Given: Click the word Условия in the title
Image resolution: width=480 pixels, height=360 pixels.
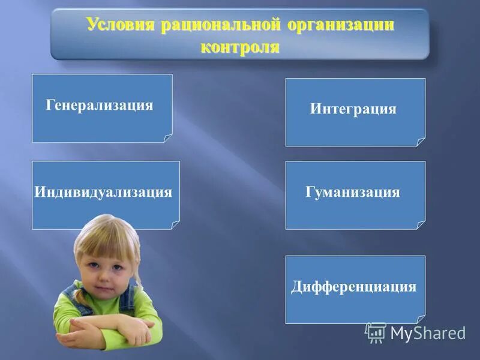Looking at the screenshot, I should pyautogui.click(x=120, y=25).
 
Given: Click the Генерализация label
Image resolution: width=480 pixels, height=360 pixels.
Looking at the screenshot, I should pyautogui.click(x=100, y=106).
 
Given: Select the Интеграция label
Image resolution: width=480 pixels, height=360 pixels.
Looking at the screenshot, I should pyautogui.click(x=353, y=109).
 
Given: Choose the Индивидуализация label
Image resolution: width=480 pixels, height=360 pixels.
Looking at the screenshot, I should pyautogui.click(x=103, y=192).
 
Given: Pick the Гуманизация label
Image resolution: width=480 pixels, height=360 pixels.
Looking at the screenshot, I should pyautogui.click(x=353, y=192).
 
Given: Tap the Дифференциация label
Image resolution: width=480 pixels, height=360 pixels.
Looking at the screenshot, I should pyautogui.click(x=354, y=286).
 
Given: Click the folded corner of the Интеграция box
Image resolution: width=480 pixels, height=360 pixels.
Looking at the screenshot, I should pyautogui.click(x=421, y=143).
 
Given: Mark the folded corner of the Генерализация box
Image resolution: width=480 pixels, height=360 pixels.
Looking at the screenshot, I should pyautogui.click(x=168, y=139).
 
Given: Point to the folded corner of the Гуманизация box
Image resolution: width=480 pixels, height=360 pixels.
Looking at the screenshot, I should pyautogui.click(x=421, y=225).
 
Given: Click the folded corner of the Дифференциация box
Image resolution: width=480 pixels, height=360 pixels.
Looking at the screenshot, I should pyautogui.click(x=421, y=320).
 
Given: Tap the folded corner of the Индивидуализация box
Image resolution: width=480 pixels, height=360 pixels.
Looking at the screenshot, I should pyautogui.click(x=175, y=225).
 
